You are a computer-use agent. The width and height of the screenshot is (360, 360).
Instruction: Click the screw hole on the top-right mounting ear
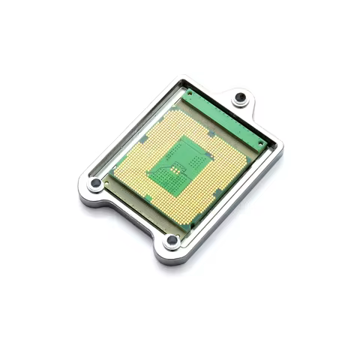[x=240, y=98]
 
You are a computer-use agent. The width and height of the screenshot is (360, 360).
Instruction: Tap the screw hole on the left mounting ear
[x=96, y=183]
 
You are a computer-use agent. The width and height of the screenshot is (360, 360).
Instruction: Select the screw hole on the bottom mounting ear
[x=172, y=240]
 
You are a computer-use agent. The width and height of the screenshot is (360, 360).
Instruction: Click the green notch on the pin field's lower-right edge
[x=217, y=192]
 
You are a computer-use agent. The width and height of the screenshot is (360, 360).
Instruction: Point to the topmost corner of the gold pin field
[x=180, y=103]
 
